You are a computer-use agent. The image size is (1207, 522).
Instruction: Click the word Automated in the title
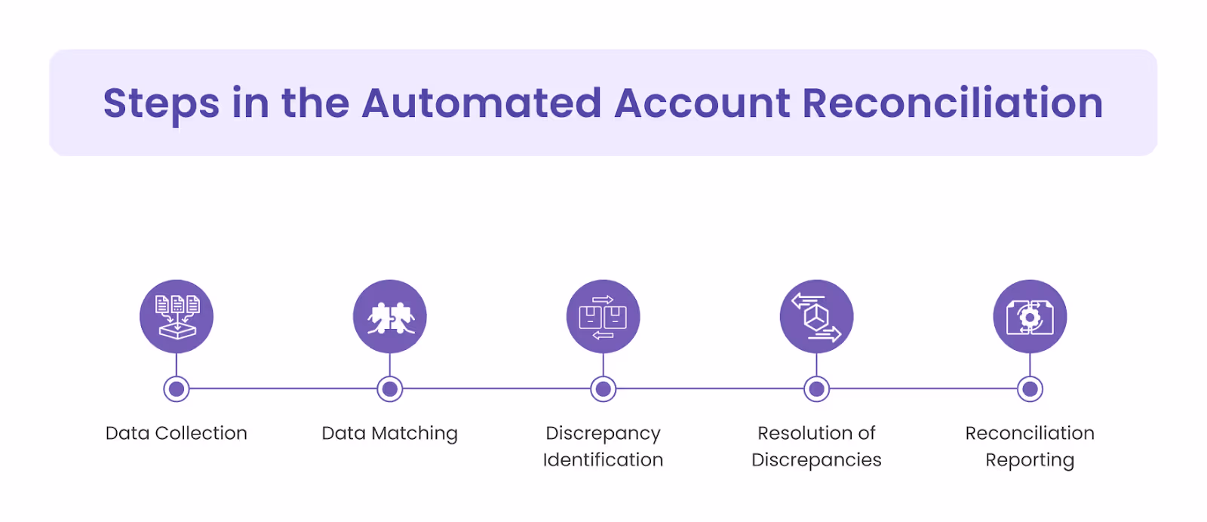click(481, 103)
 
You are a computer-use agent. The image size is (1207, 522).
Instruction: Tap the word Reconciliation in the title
click(952, 103)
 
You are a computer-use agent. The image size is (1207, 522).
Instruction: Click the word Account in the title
click(702, 103)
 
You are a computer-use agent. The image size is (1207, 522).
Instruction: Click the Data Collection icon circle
click(177, 317)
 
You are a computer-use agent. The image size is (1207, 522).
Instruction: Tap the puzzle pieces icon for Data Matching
click(390, 317)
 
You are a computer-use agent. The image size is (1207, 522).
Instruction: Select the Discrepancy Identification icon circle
click(603, 317)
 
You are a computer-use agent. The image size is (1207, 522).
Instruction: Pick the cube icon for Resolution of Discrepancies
click(816, 317)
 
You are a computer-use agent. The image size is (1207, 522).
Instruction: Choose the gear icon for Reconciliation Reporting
click(1030, 317)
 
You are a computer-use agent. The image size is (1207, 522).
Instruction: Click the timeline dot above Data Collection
click(177, 389)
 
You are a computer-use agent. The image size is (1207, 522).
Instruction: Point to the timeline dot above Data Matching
click(390, 389)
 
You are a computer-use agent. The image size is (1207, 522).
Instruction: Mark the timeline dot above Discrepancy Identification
click(603, 389)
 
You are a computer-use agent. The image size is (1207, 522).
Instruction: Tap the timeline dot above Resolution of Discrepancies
click(816, 389)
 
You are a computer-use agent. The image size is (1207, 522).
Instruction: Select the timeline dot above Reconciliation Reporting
click(1030, 389)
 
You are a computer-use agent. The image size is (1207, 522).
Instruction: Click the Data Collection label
click(177, 434)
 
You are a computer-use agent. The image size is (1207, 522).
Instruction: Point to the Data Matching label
click(390, 434)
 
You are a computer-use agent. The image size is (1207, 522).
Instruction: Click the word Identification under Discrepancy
click(603, 460)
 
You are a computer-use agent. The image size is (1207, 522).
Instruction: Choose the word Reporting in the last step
click(1030, 460)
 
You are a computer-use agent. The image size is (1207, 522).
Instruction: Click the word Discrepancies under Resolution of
click(816, 460)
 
